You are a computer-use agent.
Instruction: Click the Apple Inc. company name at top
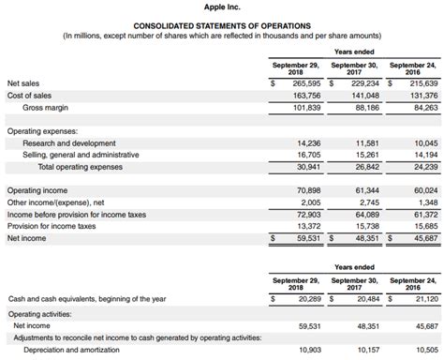222,7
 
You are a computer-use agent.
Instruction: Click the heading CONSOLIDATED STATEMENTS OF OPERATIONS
222,25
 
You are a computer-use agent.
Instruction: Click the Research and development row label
75,143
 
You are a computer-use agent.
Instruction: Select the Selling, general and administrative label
85,155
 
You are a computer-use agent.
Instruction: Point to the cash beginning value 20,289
304,298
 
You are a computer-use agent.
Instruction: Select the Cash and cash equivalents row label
86,298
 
